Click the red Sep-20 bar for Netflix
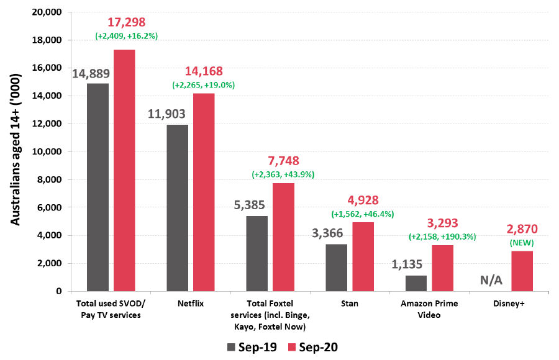[x=204, y=192]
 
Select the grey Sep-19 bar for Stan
[x=337, y=268]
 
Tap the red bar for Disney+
[x=522, y=271]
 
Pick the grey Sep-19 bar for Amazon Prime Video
[x=416, y=283]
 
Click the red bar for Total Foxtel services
[x=283, y=236]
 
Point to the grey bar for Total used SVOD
[x=98, y=187]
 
